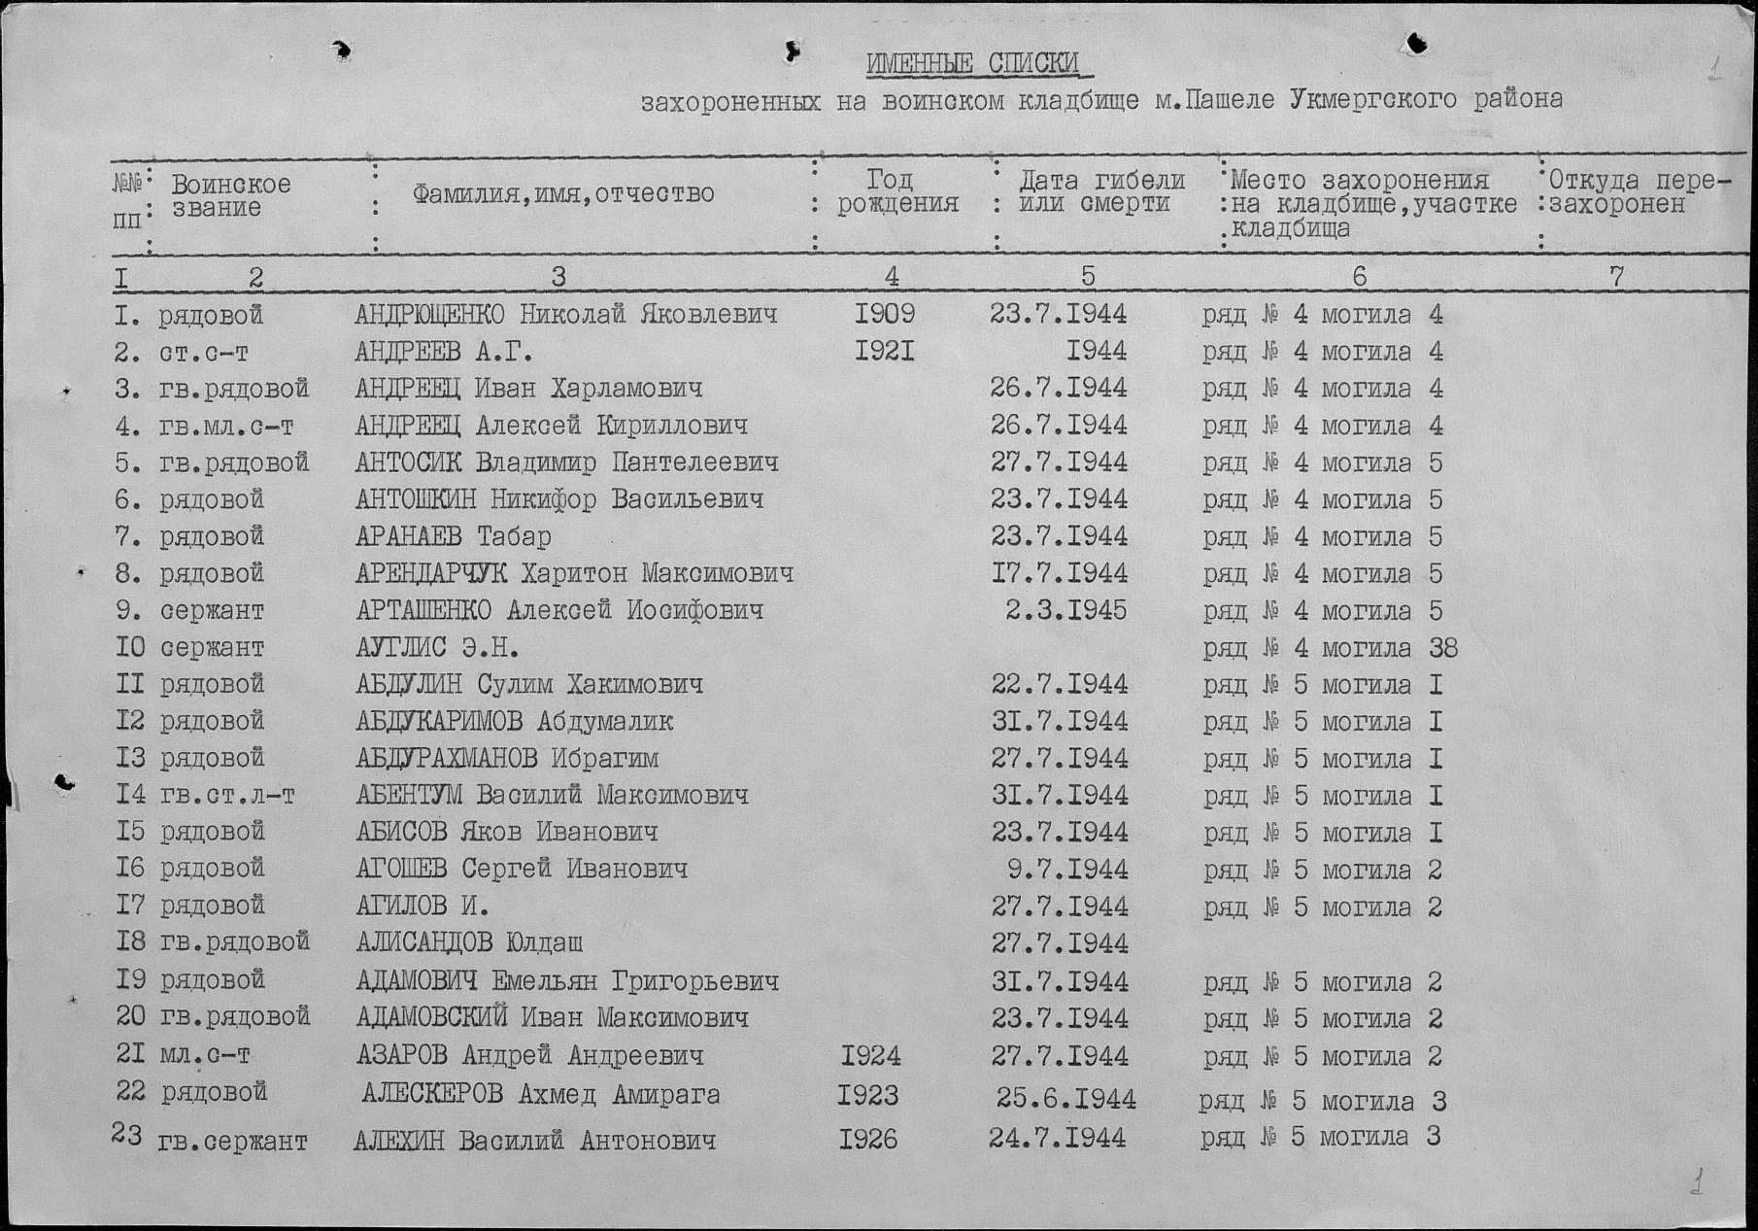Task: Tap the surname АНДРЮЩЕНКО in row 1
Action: [429, 315]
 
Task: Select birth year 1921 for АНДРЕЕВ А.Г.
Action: [885, 351]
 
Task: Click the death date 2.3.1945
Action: [1066, 610]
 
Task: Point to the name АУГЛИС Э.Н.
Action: [437, 647]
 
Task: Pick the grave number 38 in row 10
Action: [1443, 648]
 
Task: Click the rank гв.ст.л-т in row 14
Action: [226, 796]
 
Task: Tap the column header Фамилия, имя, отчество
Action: [563, 194]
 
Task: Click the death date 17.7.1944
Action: [1060, 573]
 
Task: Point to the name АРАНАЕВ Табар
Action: [453, 536]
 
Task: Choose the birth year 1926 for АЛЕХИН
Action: [868, 1139]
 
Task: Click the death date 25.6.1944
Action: [1065, 1099]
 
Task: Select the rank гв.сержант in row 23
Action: [232, 1142]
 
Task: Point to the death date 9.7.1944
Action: [1067, 869]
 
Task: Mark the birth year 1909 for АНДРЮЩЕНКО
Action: [885, 314]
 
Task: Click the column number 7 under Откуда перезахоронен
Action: [1616, 277]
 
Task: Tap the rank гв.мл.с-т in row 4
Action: [226, 427]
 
